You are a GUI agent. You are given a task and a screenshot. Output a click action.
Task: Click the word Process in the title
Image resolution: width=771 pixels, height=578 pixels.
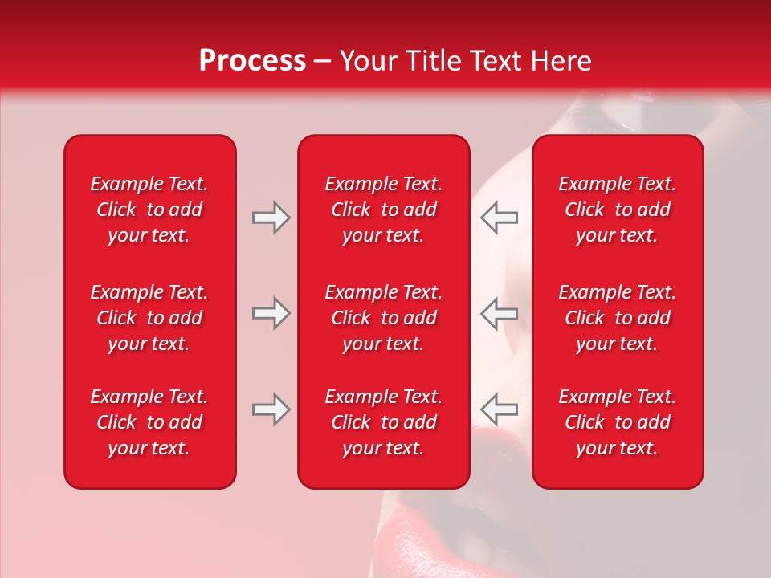pos(252,61)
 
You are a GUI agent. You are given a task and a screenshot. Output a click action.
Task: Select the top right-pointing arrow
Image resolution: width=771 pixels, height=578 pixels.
pos(271,218)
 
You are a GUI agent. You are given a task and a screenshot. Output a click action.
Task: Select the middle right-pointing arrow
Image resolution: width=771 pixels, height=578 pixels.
pos(271,313)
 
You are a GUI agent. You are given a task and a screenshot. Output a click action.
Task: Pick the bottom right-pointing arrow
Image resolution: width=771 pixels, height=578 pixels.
pos(271,409)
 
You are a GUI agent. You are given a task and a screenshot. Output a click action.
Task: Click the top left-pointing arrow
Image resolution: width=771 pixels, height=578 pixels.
pos(499,218)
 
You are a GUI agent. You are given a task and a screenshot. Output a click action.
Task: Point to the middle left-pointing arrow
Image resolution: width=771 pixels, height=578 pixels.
pos(499,313)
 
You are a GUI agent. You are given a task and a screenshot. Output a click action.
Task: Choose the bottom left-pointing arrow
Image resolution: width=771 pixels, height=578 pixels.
pos(499,409)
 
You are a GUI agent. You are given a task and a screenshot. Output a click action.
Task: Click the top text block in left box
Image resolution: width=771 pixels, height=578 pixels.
pos(149,210)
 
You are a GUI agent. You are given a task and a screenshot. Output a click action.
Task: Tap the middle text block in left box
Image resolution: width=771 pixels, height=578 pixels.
pos(149,318)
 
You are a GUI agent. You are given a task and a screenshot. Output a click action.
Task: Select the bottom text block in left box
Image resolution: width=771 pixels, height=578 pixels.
pos(149,422)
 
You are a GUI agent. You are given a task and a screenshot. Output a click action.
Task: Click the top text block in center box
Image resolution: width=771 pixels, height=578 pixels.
pos(383,210)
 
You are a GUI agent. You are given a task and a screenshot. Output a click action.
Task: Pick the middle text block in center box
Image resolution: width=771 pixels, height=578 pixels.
pos(383,318)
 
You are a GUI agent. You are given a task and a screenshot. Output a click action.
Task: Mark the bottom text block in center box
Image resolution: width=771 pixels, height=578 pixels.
pos(383,422)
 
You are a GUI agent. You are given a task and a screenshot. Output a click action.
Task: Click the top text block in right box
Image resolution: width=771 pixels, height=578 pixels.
pos(617,210)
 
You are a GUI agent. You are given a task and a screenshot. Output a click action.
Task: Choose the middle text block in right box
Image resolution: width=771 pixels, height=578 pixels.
pos(617,318)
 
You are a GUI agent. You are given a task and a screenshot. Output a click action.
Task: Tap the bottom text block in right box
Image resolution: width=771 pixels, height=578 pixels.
pos(617,422)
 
